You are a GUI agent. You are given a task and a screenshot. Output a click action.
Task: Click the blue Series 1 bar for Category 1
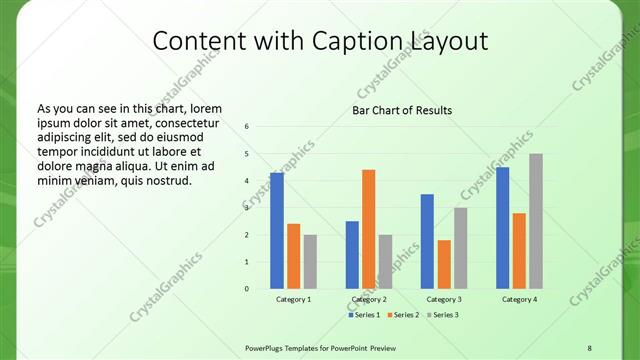click(276, 231)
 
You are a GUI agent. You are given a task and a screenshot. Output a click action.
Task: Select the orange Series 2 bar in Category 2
click(368, 229)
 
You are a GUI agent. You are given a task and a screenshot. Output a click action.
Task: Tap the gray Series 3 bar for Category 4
click(536, 221)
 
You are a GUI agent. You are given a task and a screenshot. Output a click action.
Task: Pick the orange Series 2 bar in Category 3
click(444, 264)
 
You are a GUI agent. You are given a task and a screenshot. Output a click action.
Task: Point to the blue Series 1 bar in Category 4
click(503, 228)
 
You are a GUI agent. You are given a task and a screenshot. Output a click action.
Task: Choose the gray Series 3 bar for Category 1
click(310, 262)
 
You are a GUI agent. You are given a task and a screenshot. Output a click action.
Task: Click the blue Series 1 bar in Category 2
click(352, 255)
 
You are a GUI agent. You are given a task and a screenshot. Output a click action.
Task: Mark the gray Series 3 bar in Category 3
click(460, 248)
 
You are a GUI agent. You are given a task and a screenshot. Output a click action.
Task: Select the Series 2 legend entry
click(403, 315)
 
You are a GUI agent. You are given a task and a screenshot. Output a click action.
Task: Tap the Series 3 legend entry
click(444, 315)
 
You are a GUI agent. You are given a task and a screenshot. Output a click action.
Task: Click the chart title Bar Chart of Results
click(402, 110)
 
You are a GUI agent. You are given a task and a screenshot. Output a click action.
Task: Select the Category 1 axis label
click(293, 299)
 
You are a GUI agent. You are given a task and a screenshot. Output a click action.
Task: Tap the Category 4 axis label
click(519, 299)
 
